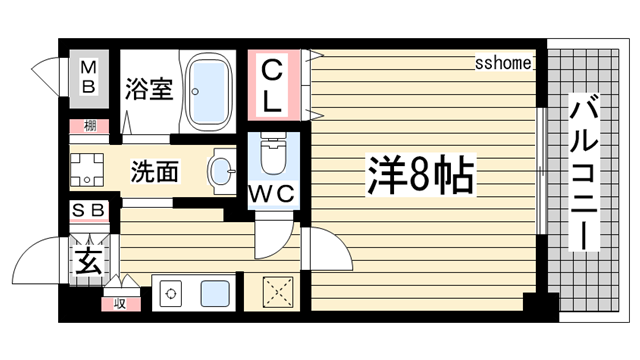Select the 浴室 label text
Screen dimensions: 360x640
click(x=149, y=89)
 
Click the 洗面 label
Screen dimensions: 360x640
click(x=156, y=173)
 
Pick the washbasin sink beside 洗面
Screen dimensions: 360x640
click(x=222, y=170)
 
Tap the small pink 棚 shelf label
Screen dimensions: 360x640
click(x=89, y=126)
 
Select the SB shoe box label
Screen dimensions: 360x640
click(x=89, y=210)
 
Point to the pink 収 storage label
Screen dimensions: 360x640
click(x=119, y=302)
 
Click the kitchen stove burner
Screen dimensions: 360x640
click(x=171, y=295)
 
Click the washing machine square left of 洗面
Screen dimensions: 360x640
click(x=88, y=171)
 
